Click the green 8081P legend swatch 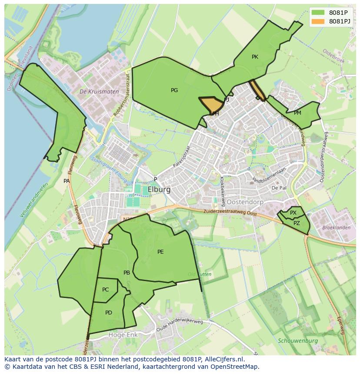tap(318, 13)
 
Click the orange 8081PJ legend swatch tap(318, 21)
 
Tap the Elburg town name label tap(159, 190)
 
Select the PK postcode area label tap(255, 57)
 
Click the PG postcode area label tap(174, 90)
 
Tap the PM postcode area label tap(297, 113)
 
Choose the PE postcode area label tap(160, 252)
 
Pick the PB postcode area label tap(127, 273)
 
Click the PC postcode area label tap(106, 290)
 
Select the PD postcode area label tap(109, 312)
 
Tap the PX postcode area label tap(293, 213)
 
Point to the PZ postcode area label tap(297, 223)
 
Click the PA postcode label tap(67, 181)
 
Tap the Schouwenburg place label tap(298, 341)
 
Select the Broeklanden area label tap(336, 228)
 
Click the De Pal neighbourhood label tap(279, 188)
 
